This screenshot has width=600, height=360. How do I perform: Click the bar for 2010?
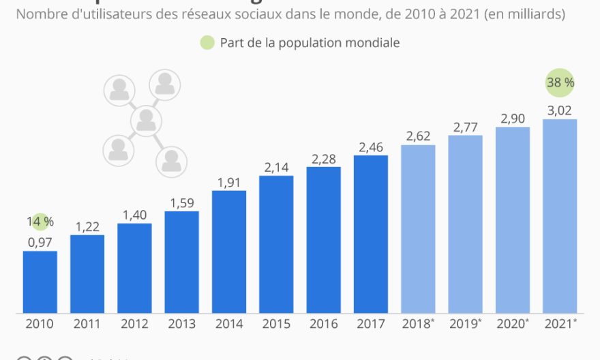pyautogui.click(x=40, y=282)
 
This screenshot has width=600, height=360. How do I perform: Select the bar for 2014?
pyautogui.click(x=229, y=252)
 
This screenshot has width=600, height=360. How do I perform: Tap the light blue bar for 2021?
pyautogui.click(x=560, y=216)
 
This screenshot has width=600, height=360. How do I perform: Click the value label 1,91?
pyautogui.click(x=229, y=182)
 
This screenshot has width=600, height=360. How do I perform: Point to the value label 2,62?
pyautogui.click(x=418, y=136)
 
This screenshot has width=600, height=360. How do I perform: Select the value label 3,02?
pyautogui.click(x=560, y=110)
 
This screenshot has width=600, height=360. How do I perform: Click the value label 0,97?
pyautogui.click(x=40, y=242)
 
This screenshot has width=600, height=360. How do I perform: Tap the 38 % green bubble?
pyautogui.click(x=560, y=83)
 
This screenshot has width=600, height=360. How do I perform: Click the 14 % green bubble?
pyautogui.click(x=41, y=222)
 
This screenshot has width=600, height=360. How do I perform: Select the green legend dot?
pyautogui.click(x=207, y=43)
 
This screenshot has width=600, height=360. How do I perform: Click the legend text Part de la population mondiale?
pyautogui.click(x=310, y=43)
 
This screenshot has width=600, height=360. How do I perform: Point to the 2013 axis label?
pyautogui.click(x=181, y=325)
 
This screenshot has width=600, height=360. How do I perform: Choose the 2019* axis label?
pyautogui.click(x=466, y=325)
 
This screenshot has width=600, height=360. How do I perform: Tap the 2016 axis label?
pyautogui.click(x=323, y=325)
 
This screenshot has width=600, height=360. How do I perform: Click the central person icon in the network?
pyautogui.click(x=145, y=121)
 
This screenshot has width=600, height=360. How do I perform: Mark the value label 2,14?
pyautogui.click(x=276, y=167)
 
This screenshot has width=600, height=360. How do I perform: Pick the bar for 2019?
pyautogui.click(x=465, y=224)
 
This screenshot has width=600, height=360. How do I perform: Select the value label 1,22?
pyautogui.click(x=87, y=226)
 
